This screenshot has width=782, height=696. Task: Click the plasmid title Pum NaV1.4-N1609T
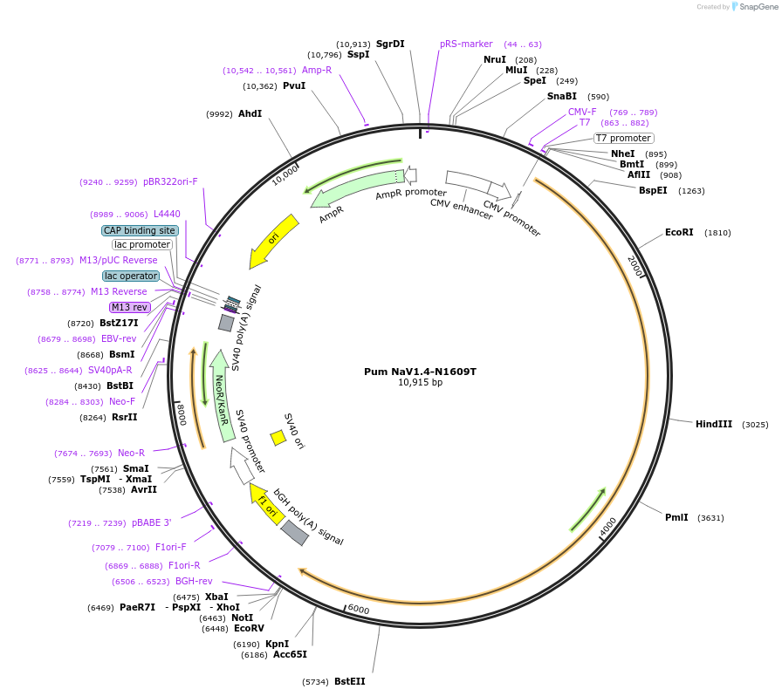420,371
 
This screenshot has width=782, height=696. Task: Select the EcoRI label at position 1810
679,233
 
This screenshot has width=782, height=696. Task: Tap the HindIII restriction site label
714,424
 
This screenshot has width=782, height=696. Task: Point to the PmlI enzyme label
676,517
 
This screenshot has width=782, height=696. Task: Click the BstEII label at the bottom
349,681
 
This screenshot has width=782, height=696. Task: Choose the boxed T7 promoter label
623,138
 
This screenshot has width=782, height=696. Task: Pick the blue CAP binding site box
140,230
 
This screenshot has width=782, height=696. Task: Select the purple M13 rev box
130,307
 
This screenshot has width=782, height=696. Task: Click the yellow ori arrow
273,241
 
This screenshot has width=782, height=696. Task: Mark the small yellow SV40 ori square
278,437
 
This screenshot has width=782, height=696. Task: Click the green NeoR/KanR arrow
223,398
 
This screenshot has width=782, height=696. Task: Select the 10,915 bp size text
420,382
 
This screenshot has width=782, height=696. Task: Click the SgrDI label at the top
390,44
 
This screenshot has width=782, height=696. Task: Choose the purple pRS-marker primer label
466,44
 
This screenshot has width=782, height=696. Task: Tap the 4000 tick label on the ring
608,527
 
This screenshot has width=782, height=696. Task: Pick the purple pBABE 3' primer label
152,522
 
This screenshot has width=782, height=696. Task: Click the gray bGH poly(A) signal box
295,532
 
